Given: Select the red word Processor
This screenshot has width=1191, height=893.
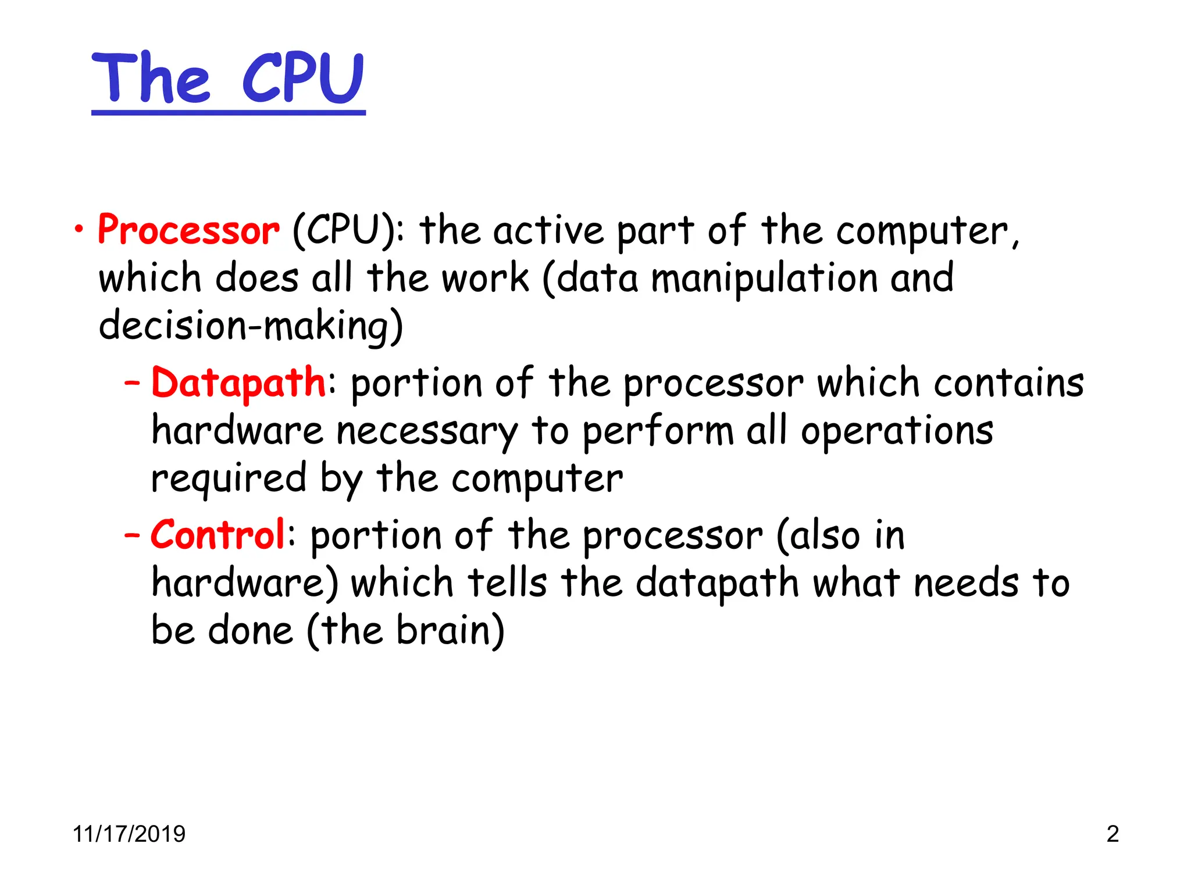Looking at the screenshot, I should [x=188, y=230].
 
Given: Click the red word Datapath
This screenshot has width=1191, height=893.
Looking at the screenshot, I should [x=238, y=383].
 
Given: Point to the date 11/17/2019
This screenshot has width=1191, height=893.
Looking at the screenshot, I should [x=129, y=834].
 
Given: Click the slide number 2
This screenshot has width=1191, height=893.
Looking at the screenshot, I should [x=1112, y=834].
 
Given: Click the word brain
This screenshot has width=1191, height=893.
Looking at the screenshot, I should [x=450, y=630].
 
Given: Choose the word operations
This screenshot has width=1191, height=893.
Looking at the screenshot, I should [x=897, y=432].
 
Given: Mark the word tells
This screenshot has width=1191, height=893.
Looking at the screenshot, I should [x=508, y=583].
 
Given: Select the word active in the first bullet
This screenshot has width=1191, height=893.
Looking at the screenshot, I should [x=549, y=230].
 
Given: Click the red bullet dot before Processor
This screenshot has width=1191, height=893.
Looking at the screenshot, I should [x=79, y=229].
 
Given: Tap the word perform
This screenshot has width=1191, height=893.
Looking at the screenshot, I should [x=658, y=432].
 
